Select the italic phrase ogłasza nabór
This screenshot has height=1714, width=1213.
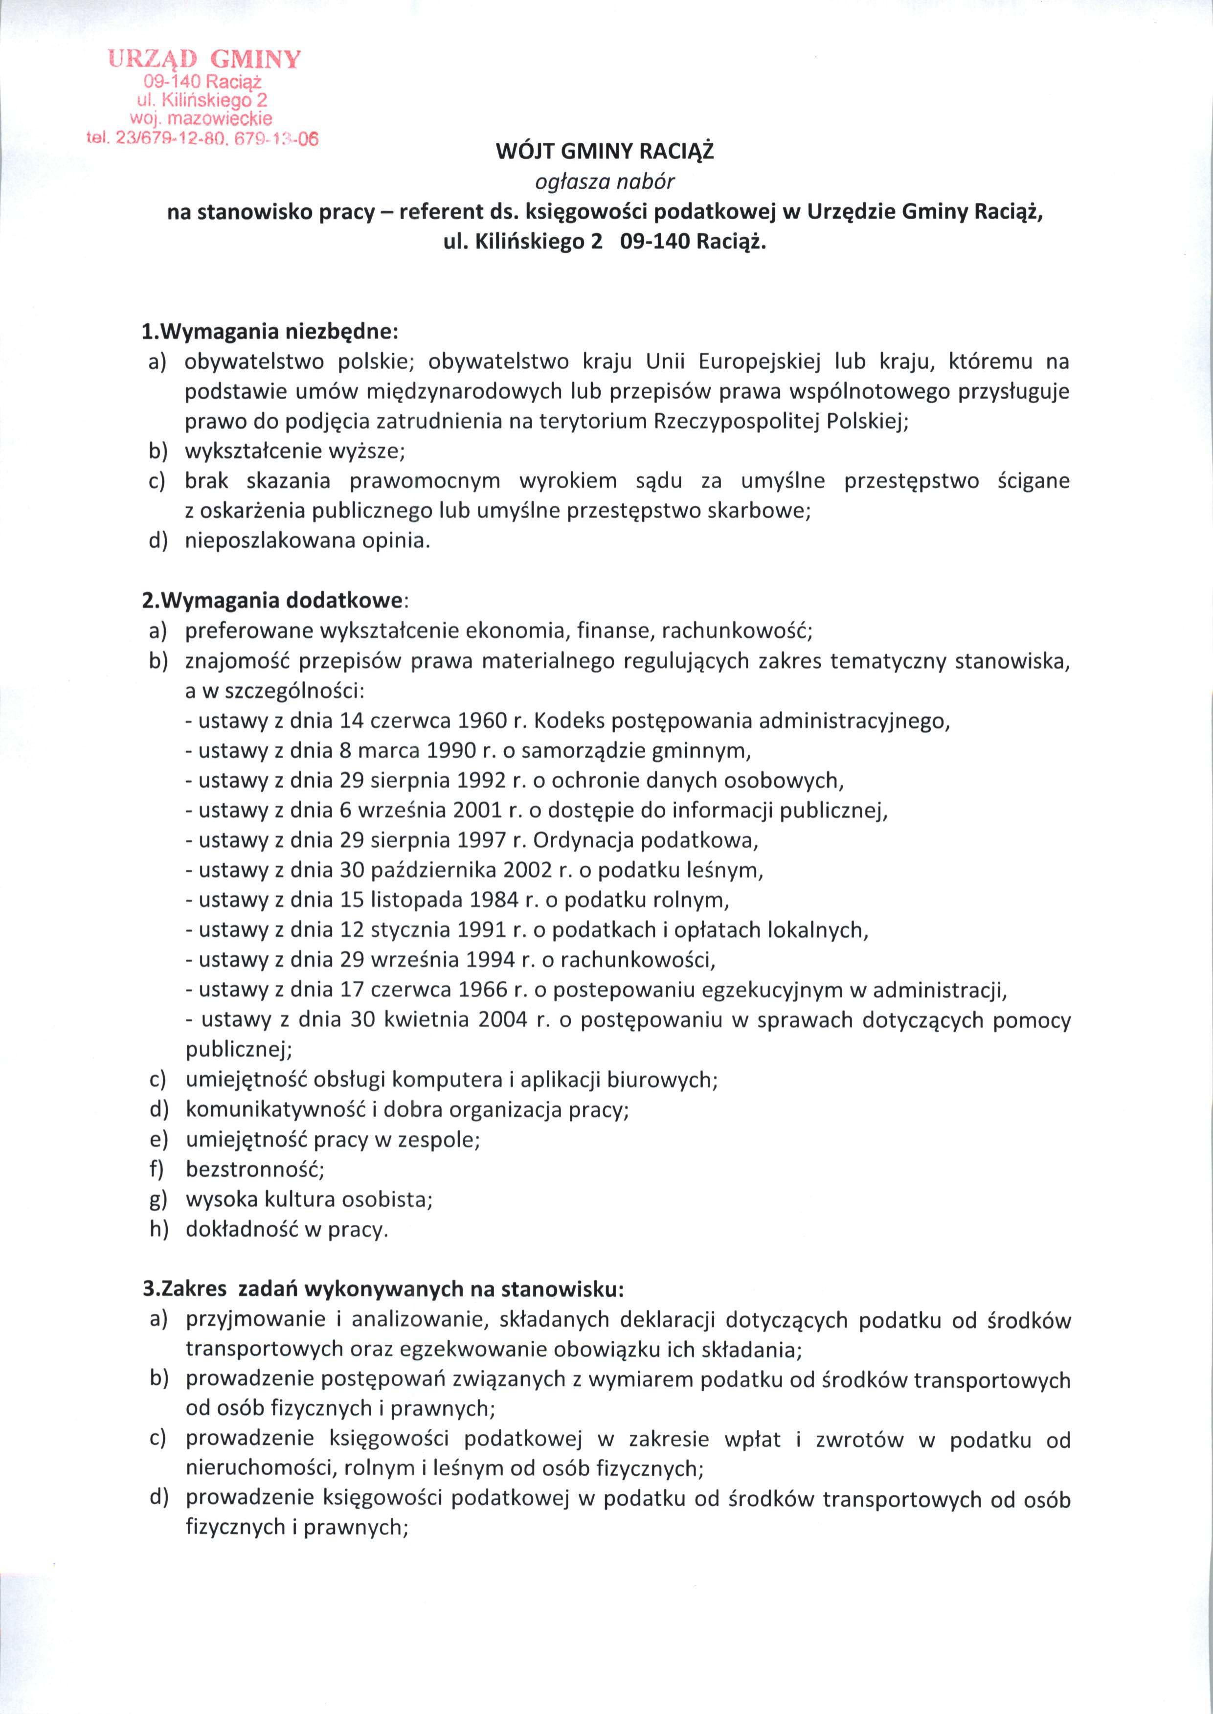click(x=606, y=181)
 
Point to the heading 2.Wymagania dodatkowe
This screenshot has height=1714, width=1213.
click(x=275, y=601)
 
